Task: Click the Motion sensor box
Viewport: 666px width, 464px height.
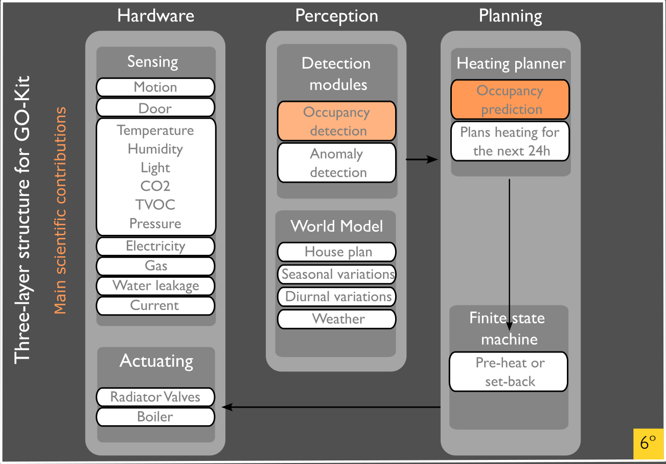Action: tap(155, 87)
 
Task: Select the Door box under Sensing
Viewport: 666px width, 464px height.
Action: tap(155, 108)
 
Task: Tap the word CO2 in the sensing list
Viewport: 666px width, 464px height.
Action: tap(155, 186)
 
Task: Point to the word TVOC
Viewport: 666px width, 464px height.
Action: tap(155, 205)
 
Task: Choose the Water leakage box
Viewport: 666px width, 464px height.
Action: tap(155, 285)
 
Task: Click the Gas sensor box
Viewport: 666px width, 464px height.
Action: tap(155, 266)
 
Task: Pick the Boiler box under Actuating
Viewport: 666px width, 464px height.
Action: tap(155, 416)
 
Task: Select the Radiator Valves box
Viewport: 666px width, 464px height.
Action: tap(155, 397)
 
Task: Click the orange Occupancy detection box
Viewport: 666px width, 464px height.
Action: tap(336, 121)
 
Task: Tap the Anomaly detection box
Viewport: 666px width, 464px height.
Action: tap(336, 163)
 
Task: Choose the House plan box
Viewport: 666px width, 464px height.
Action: tap(336, 252)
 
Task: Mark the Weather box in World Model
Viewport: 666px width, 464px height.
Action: tap(336, 319)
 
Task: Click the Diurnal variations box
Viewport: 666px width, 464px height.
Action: tap(336, 297)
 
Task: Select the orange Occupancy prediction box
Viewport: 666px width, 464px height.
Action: tap(510, 100)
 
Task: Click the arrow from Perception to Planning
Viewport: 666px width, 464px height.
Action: tap(422, 160)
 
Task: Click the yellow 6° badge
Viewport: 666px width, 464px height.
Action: tap(648, 442)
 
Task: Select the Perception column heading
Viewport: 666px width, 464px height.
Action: tap(336, 16)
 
